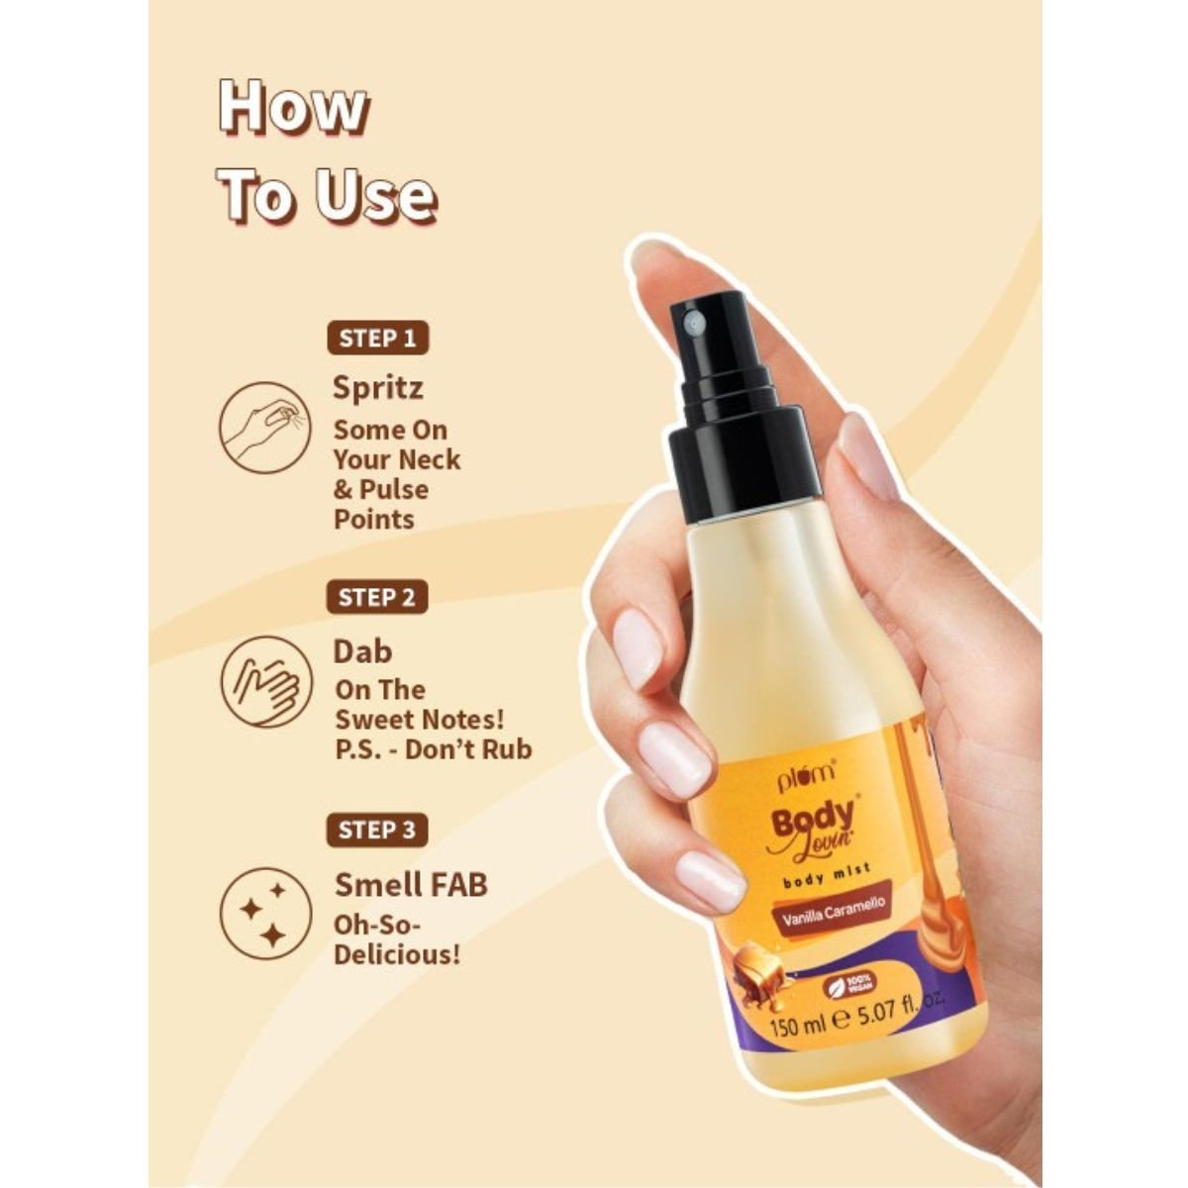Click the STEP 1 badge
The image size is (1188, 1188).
(377, 339)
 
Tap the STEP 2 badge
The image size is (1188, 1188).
(376, 597)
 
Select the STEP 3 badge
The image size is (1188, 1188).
(376, 831)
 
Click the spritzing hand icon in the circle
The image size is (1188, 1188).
(264, 427)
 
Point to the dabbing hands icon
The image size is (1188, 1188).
(266, 682)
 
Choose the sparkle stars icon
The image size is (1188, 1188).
(266, 914)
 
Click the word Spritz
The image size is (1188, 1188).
(378, 389)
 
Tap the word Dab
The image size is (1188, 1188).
(362, 651)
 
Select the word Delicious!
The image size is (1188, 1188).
(396, 955)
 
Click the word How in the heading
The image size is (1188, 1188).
(293, 108)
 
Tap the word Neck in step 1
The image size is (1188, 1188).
(430, 460)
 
